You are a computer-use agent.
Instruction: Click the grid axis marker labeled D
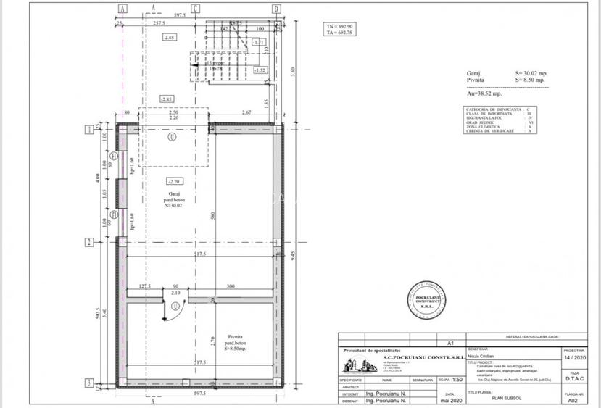coord(275,9)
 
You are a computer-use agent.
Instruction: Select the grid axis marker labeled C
coord(196,9)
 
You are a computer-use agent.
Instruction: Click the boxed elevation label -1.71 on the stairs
coord(258,43)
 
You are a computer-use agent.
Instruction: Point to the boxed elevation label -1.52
coord(262,70)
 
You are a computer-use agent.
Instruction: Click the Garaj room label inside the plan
coord(173,193)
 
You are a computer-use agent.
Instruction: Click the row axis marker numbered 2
coord(88,242)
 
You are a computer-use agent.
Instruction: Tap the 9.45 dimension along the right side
coord(291,254)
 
